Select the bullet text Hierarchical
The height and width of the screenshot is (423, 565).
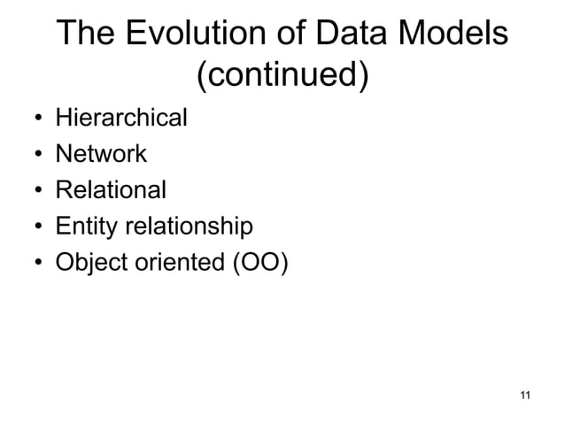121,118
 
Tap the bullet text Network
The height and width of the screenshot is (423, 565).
101,154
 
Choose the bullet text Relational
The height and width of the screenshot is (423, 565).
111,190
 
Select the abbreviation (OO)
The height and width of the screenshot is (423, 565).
259,264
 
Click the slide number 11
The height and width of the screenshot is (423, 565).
525,394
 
